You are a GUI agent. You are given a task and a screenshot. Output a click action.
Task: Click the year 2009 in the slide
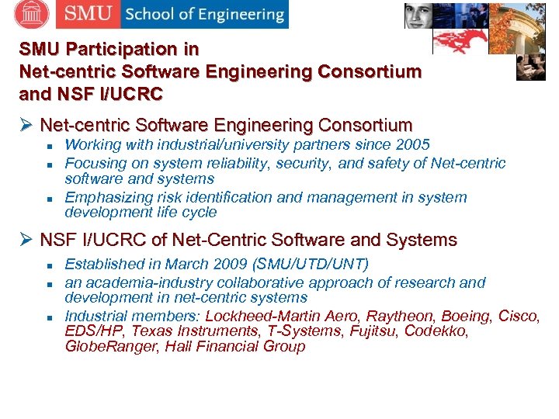pyautogui.click(x=233, y=264)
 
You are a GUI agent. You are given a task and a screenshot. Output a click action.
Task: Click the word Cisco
pyautogui.click(x=519, y=316)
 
